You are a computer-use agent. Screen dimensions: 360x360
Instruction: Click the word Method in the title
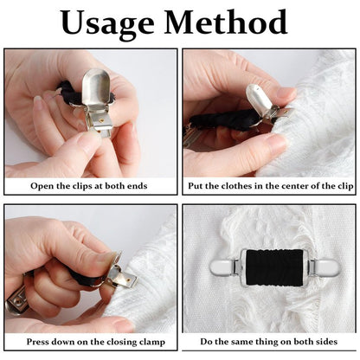point(226,22)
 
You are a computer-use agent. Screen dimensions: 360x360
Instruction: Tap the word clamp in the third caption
point(152,342)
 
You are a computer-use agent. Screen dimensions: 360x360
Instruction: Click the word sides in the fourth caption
point(327,342)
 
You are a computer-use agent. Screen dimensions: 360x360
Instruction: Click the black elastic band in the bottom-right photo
point(275,267)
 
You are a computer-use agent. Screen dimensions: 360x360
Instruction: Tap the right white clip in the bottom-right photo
point(325,267)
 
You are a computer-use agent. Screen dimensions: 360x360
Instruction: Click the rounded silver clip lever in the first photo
point(96,87)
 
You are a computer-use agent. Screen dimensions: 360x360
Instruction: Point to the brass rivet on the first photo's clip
point(100,119)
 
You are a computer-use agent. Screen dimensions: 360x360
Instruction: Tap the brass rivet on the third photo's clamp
point(128,279)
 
